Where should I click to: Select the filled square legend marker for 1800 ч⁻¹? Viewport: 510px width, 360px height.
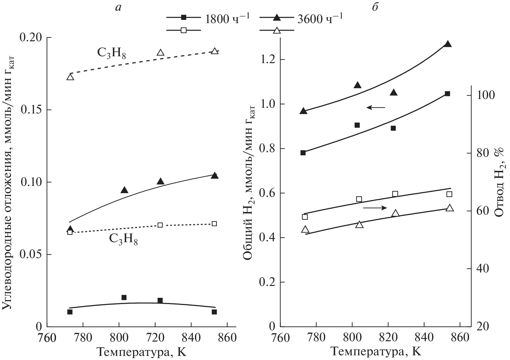pyautogui.click(x=184, y=17)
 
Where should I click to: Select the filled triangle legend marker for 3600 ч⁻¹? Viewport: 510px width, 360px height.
pyautogui.click(x=277, y=17)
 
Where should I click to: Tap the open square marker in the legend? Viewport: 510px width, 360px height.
pyautogui.click(x=184, y=30)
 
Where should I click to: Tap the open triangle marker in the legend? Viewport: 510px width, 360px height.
pyautogui.click(x=277, y=30)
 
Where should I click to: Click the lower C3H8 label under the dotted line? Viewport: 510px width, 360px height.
pyautogui.click(x=124, y=240)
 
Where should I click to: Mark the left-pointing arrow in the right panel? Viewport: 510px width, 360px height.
pyautogui.click(x=376, y=107)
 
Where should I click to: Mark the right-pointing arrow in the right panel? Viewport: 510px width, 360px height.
pyautogui.click(x=375, y=207)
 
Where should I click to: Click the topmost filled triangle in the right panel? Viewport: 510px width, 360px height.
pyautogui.click(x=448, y=44)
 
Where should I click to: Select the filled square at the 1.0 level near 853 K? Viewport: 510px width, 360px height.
pyautogui.click(x=447, y=94)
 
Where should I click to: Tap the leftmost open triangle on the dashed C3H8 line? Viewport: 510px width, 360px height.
pyautogui.click(x=70, y=77)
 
